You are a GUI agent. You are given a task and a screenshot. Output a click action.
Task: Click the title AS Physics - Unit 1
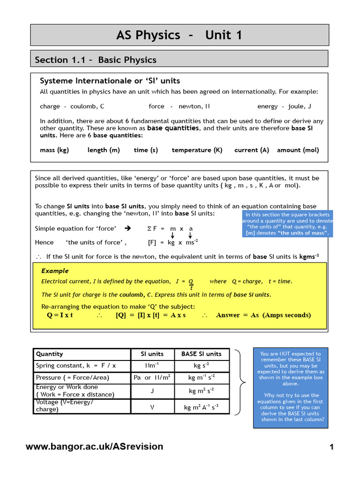[x=180, y=35]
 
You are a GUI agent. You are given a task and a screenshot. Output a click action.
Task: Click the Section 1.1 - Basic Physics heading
[x=96, y=60]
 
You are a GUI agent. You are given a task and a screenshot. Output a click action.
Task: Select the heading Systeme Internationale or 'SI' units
[x=110, y=81]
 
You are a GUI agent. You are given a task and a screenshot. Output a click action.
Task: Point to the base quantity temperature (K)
[x=197, y=150]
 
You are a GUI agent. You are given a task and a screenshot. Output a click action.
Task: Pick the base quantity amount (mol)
[x=298, y=150]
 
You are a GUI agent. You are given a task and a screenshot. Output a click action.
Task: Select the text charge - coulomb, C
[x=72, y=106]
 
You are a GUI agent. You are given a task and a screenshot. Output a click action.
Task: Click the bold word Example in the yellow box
[x=55, y=271]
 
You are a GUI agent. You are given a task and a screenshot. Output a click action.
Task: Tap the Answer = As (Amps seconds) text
[x=263, y=315]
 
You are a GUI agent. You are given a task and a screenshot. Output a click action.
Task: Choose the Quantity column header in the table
[x=50, y=354]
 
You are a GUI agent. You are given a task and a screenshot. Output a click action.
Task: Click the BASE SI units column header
[x=201, y=354]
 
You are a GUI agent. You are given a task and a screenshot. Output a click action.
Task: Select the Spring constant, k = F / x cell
[x=76, y=366]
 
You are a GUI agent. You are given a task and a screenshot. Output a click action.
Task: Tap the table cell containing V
[x=152, y=407]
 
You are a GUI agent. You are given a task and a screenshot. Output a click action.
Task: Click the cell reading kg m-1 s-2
[x=201, y=377]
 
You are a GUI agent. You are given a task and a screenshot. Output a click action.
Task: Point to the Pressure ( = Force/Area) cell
[x=73, y=377]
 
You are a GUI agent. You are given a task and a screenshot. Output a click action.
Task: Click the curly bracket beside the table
[x=240, y=382]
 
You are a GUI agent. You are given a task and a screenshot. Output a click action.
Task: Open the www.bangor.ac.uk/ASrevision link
[x=95, y=447]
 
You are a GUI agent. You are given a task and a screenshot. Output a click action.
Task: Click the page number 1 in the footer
[x=331, y=447]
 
